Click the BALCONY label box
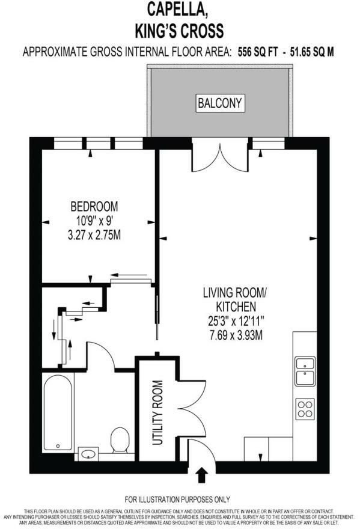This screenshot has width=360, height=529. click(x=220, y=103)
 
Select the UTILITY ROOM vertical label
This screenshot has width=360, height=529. click(x=158, y=413)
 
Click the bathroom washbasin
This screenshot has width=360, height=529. click(x=89, y=453)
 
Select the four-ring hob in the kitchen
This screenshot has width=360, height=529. click(x=304, y=409)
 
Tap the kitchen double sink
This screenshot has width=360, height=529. click(x=304, y=371)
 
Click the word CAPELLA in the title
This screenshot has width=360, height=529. click(x=180, y=10)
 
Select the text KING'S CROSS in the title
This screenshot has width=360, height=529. click(x=180, y=30)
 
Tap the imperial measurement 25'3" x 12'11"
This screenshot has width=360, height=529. click(x=234, y=320)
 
